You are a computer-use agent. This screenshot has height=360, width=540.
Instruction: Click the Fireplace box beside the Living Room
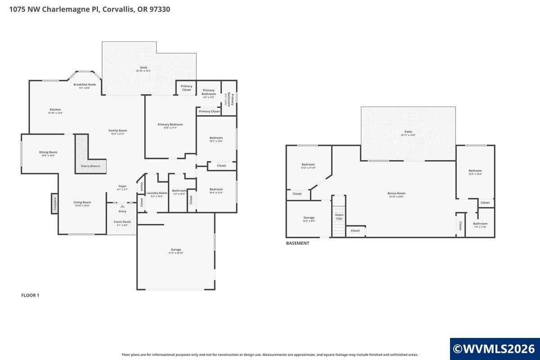coord(54,204)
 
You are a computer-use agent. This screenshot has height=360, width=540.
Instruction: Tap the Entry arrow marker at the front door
coord(122,206)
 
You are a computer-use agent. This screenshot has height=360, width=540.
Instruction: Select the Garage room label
coord(176,249)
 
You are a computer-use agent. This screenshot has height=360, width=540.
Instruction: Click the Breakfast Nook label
coord(85,85)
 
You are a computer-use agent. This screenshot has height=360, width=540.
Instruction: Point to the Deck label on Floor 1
coord(143,67)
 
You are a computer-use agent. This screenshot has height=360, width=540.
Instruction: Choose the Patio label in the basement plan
coord(409,132)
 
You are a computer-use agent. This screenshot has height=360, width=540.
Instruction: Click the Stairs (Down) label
coord(90,166)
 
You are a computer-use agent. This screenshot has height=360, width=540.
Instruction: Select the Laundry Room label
coord(157,193)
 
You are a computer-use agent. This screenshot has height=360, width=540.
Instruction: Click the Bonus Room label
coord(396,193)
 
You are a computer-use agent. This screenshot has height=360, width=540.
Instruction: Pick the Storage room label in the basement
coord(309,218)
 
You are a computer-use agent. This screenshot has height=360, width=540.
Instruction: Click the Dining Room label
coord(48,152)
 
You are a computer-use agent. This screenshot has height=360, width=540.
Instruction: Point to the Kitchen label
coord(55,110)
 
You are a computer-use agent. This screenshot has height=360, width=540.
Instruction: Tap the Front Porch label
coord(122,222)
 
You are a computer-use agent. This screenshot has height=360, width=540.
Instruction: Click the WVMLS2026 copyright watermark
coord(494,349)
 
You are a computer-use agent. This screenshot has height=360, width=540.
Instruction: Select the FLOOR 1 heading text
coord(31,295)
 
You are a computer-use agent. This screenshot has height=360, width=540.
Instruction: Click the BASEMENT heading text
coord(298,243)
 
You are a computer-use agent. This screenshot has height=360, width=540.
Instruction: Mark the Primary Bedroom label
coord(170,125)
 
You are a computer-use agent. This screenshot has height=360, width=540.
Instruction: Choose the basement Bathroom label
coord(480,224)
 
